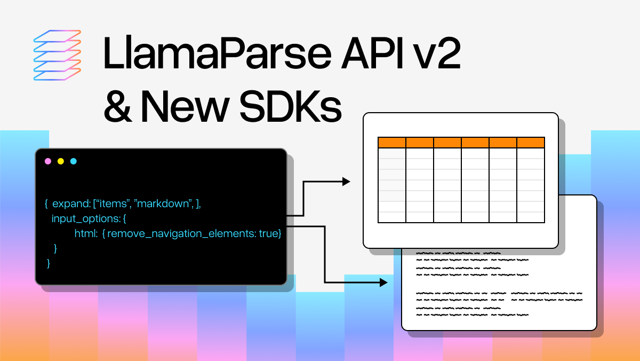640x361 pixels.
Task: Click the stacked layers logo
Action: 57,56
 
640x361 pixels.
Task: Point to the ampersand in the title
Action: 116,106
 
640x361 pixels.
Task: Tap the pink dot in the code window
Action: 48,161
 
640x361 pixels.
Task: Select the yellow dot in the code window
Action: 61,161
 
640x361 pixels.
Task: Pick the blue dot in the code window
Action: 74,161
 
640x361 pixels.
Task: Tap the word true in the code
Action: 269,234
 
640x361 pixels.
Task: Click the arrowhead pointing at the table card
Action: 346,182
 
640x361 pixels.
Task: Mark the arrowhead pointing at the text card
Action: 383,282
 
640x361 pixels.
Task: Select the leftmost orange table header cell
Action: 392,143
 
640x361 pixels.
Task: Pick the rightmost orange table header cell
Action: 531,143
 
